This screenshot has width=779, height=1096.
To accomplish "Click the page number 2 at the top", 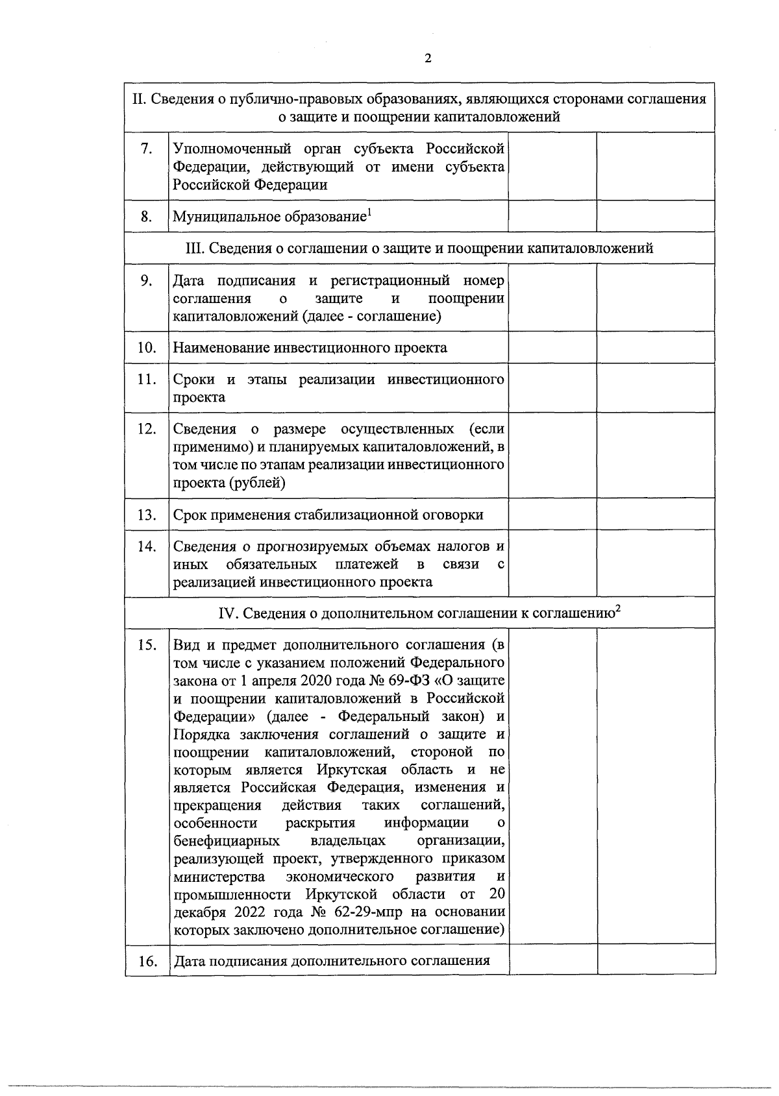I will pyautogui.click(x=427, y=59).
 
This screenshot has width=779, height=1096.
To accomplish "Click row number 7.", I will pyautogui.click(x=147, y=149).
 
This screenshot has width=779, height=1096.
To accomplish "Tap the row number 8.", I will pyautogui.click(x=147, y=217).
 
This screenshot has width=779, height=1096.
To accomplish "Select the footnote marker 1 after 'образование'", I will pyautogui.click(x=369, y=212).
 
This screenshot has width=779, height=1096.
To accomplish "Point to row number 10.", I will pyautogui.click(x=147, y=348).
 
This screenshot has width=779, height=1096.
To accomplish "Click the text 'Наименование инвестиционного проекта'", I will pyautogui.click(x=310, y=348).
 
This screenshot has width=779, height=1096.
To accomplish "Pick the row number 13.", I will pyautogui.click(x=147, y=515).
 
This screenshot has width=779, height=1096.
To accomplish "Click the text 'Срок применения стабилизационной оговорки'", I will pyautogui.click(x=328, y=515).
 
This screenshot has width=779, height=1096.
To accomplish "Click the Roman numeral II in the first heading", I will pyautogui.click(x=138, y=99).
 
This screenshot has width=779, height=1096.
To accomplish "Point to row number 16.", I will pyautogui.click(x=147, y=961).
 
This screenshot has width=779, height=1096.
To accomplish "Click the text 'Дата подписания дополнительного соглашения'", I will pyautogui.click(x=331, y=960).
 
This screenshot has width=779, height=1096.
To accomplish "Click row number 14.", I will pyautogui.click(x=147, y=547).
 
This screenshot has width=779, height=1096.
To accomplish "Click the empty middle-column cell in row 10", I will pyautogui.click(x=552, y=348).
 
